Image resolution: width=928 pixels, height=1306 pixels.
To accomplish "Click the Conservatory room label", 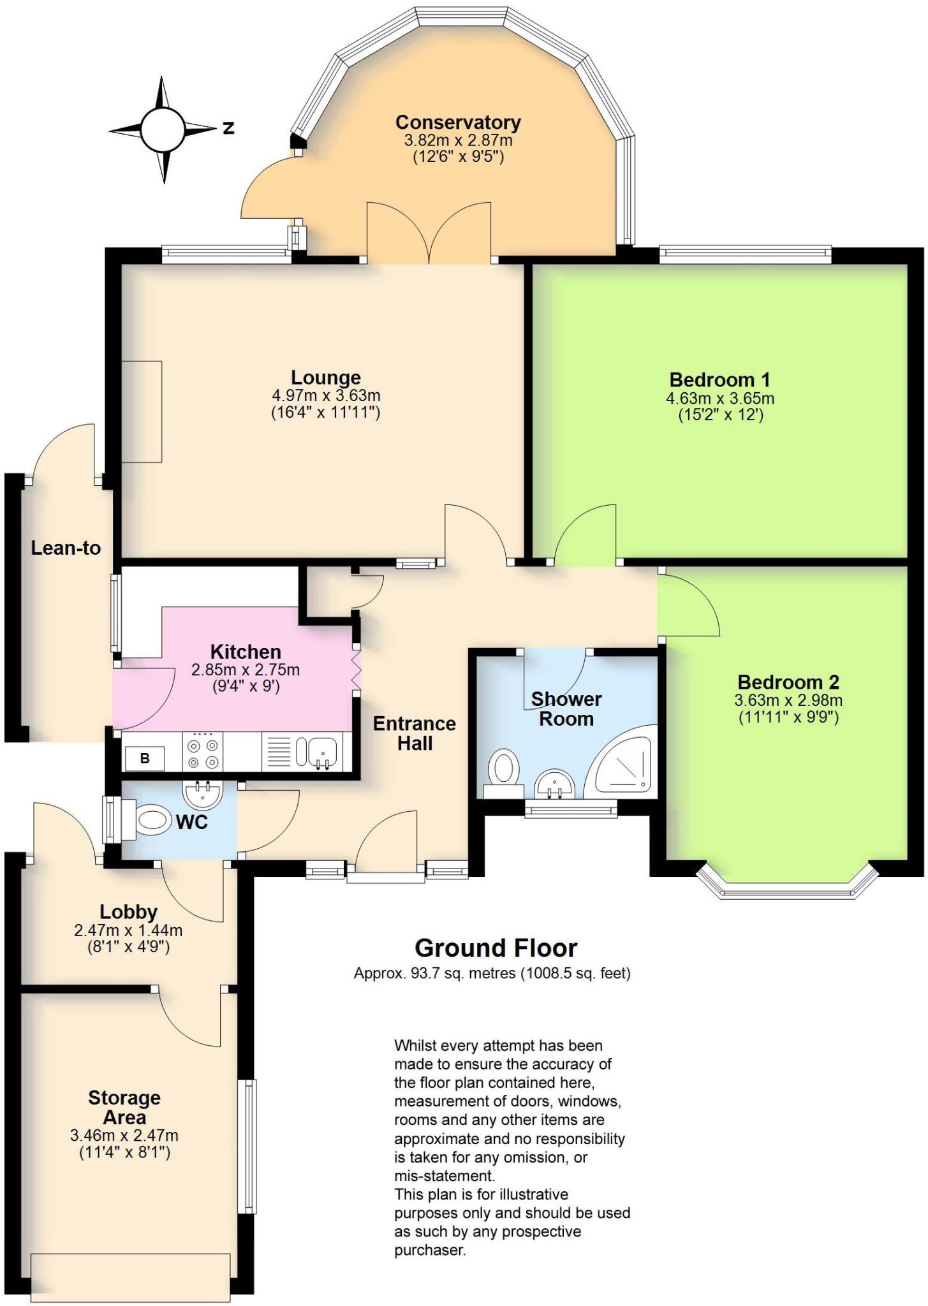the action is pyautogui.click(x=458, y=122).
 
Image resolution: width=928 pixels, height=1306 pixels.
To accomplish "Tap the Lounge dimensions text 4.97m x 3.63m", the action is pyautogui.click(x=326, y=396).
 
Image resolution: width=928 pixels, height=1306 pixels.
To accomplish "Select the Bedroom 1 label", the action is pyautogui.click(x=720, y=380).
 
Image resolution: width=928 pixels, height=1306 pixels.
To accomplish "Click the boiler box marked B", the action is pyautogui.click(x=145, y=759).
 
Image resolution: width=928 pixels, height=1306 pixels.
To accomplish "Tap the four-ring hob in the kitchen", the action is pyautogui.click(x=202, y=752).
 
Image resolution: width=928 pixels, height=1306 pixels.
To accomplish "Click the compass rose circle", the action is pyautogui.click(x=162, y=129).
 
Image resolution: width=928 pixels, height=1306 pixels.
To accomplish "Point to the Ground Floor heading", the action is pyautogui.click(x=496, y=948).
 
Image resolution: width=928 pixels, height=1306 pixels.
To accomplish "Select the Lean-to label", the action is pyautogui.click(x=66, y=548).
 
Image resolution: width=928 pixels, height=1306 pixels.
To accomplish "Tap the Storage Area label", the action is pyautogui.click(x=124, y=1108).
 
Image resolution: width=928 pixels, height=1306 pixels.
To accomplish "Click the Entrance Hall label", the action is pyautogui.click(x=415, y=733).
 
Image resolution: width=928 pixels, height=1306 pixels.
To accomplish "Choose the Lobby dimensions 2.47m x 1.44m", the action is pyautogui.click(x=128, y=930).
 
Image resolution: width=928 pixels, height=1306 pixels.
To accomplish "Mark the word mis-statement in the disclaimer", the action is pyautogui.click(x=445, y=1175).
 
